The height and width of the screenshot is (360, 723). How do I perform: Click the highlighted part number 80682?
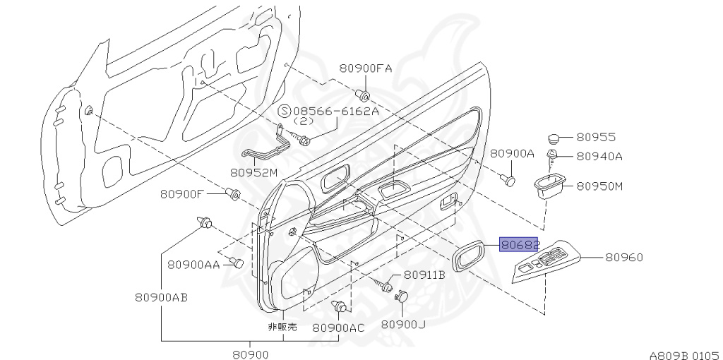point(519,245)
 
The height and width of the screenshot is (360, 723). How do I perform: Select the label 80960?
point(623,257)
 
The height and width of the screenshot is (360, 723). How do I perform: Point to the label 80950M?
point(599,186)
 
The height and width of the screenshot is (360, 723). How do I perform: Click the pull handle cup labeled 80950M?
point(549,186)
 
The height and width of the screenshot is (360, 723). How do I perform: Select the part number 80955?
point(596,138)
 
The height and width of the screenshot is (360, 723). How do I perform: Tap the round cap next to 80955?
point(554,138)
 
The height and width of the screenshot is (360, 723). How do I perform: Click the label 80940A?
point(599,156)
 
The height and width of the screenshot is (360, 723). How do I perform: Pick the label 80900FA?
point(366,68)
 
